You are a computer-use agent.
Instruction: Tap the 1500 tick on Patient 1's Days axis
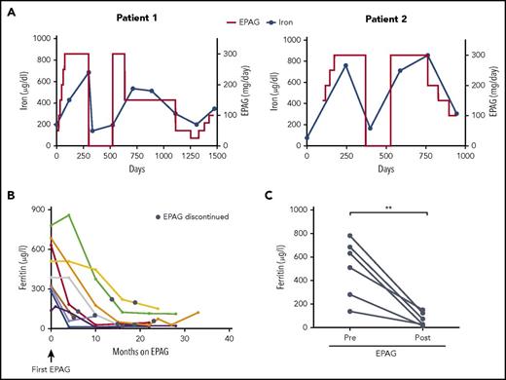214,155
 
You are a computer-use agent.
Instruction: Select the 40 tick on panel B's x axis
229,338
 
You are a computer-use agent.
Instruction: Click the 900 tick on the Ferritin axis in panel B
39,209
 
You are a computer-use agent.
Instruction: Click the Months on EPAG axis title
140,352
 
